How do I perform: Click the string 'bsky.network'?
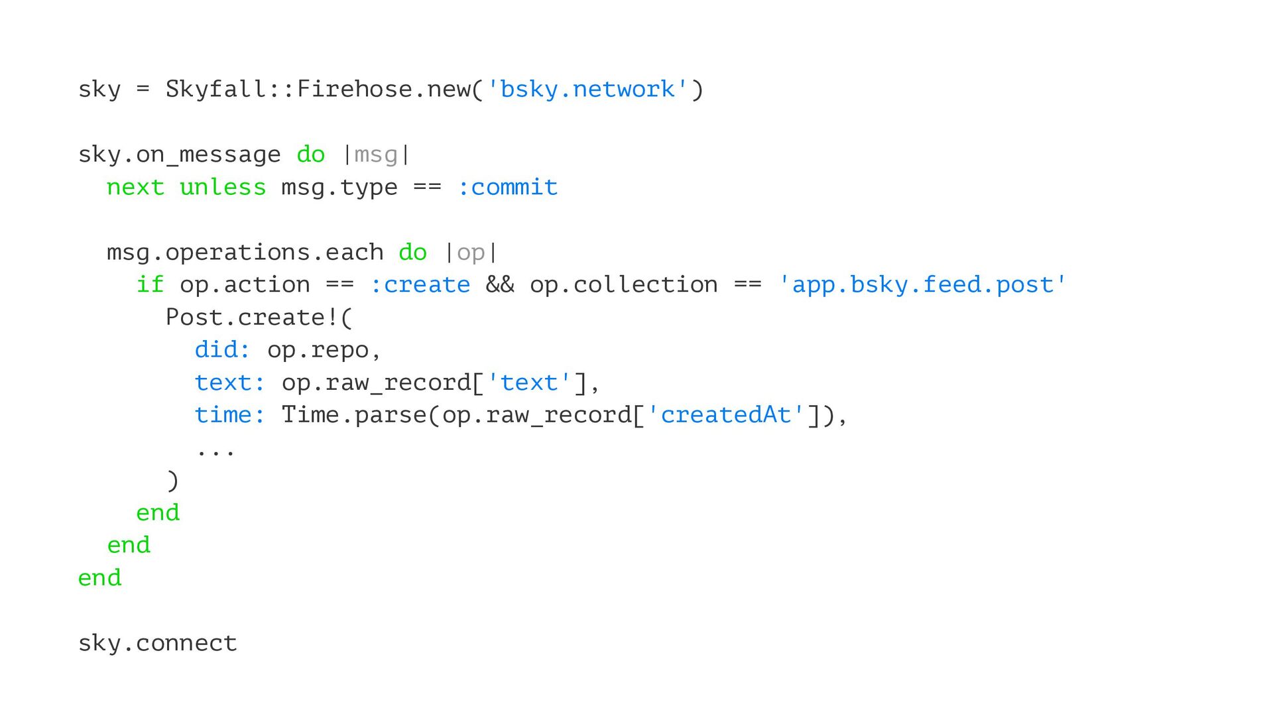click(587, 89)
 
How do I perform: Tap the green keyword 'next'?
click(135, 188)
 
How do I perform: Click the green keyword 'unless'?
click(223, 188)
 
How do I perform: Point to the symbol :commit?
click(508, 188)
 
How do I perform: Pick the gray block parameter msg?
click(376, 155)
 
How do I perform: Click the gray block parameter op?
click(471, 253)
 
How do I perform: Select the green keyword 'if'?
click(150, 285)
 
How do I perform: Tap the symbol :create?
click(420, 285)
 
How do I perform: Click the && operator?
click(500, 285)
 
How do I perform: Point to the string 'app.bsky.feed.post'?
click(922, 285)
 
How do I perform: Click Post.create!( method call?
click(259, 318)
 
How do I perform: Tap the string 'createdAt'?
click(725, 415)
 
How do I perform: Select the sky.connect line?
click(158, 643)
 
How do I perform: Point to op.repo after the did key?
click(318, 350)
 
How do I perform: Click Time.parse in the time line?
click(354, 415)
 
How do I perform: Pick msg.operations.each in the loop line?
click(245, 253)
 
